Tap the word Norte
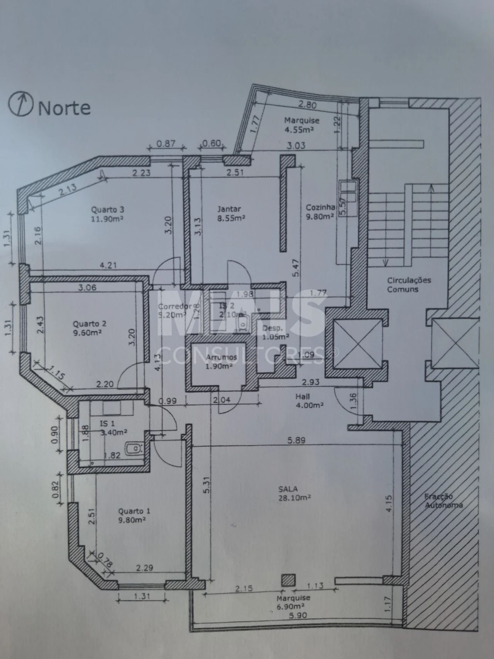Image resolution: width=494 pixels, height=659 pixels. point(64,108)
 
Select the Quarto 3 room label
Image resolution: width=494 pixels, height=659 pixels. point(107,210)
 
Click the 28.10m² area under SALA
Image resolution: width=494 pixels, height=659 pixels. point(295,498)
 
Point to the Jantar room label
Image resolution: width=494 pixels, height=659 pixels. point(229,209)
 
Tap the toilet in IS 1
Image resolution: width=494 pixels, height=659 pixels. point(134,448)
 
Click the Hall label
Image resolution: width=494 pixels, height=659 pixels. point(303,396)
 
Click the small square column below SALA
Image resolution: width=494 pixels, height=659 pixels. point(288,580)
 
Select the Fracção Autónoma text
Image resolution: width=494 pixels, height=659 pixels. point(443,501)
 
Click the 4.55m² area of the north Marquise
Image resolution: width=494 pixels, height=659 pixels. point(299,130)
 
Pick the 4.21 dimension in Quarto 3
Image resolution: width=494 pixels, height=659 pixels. point(108,265)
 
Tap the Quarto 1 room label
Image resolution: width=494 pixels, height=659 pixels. point(134,511)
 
